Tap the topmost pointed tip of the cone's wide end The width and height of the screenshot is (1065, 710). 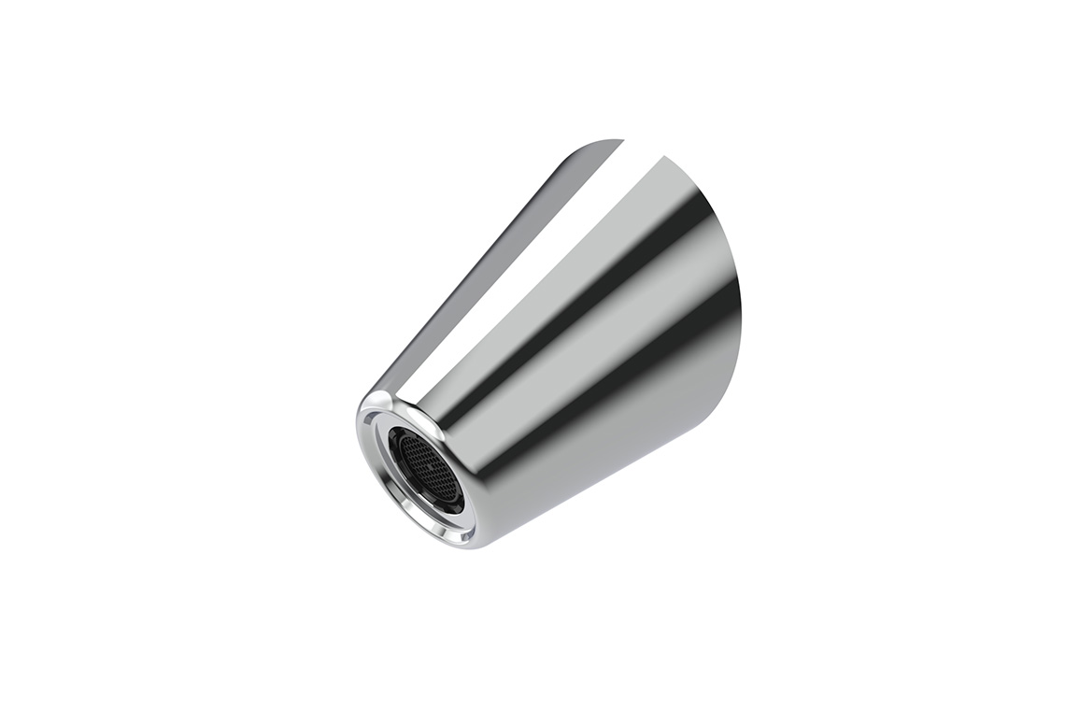click(620, 141)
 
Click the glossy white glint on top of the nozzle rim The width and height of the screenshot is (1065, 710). click(383, 399)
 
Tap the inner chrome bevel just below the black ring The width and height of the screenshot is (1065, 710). click(439, 519)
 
